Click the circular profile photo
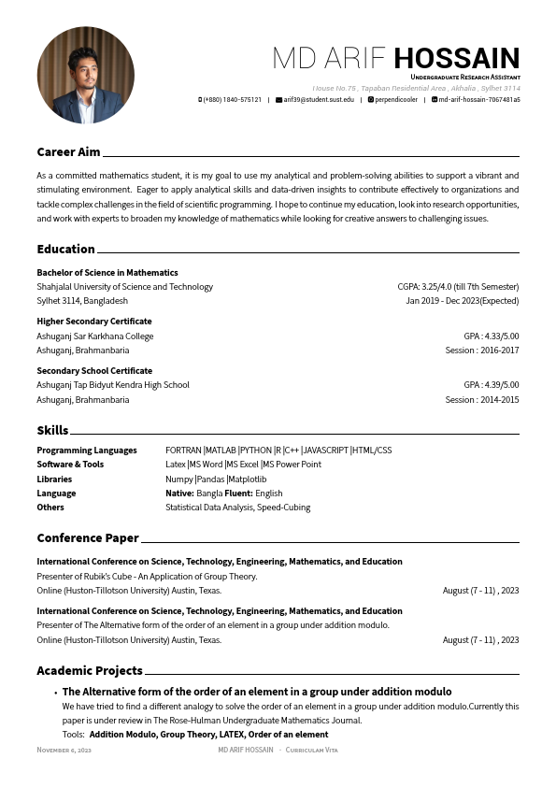pyautogui.click(x=85, y=75)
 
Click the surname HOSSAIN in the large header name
pyautogui.click(x=456, y=58)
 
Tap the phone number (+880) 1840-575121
pyautogui.click(x=232, y=99)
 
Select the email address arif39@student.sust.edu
pyautogui.click(x=319, y=99)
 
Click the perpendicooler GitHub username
pyautogui.click(x=396, y=99)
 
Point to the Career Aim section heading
pyautogui.click(x=68, y=151)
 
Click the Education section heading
pyautogui.click(x=65, y=249)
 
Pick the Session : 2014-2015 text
pyautogui.click(x=481, y=399)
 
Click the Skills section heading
pyautogui.click(x=52, y=430)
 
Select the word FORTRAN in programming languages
pyautogui.click(x=183, y=450)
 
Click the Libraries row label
pyautogui.click(x=54, y=479)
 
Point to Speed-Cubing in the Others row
pyautogui.click(x=283, y=508)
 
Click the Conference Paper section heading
pyautogui.click(x=88, y=537)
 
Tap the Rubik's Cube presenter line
pyautogui.click(x=147, y=577)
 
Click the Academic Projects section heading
pyautogui.click(x=90, y=670)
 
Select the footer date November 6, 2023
pyautogui.click(x=64, y=750)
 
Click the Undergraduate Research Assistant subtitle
pyautogui.click(x=464, y=77)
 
